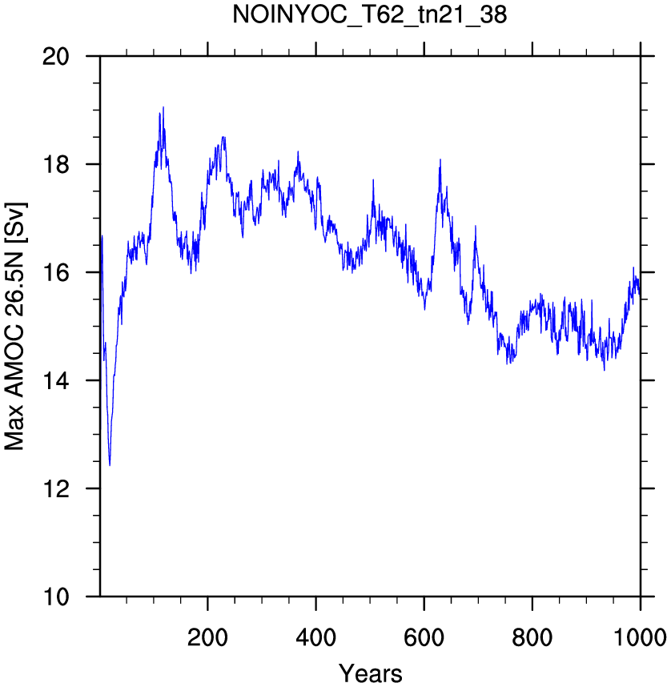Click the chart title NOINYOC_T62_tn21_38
coord(369,14)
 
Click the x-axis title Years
coord(371,673)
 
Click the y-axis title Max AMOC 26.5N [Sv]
coord(15,327)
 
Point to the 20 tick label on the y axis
coord(56,57)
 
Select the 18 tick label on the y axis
coord(56,165)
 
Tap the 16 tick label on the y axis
coord(56,272)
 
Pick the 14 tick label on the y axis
coord(56,381)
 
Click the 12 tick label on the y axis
coord(56,488)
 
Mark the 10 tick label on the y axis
coord(56,597)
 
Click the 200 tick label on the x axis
coord(207,637)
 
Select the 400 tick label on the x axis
coord(315,637)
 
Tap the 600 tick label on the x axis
coord(424,637)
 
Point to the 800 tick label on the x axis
coord(532,637)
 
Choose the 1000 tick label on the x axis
coord(640,637)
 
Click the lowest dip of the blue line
coord(110,465)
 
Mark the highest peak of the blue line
coord(163,107)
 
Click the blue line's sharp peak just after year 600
coord(440,159)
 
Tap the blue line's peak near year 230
coord(223,137)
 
